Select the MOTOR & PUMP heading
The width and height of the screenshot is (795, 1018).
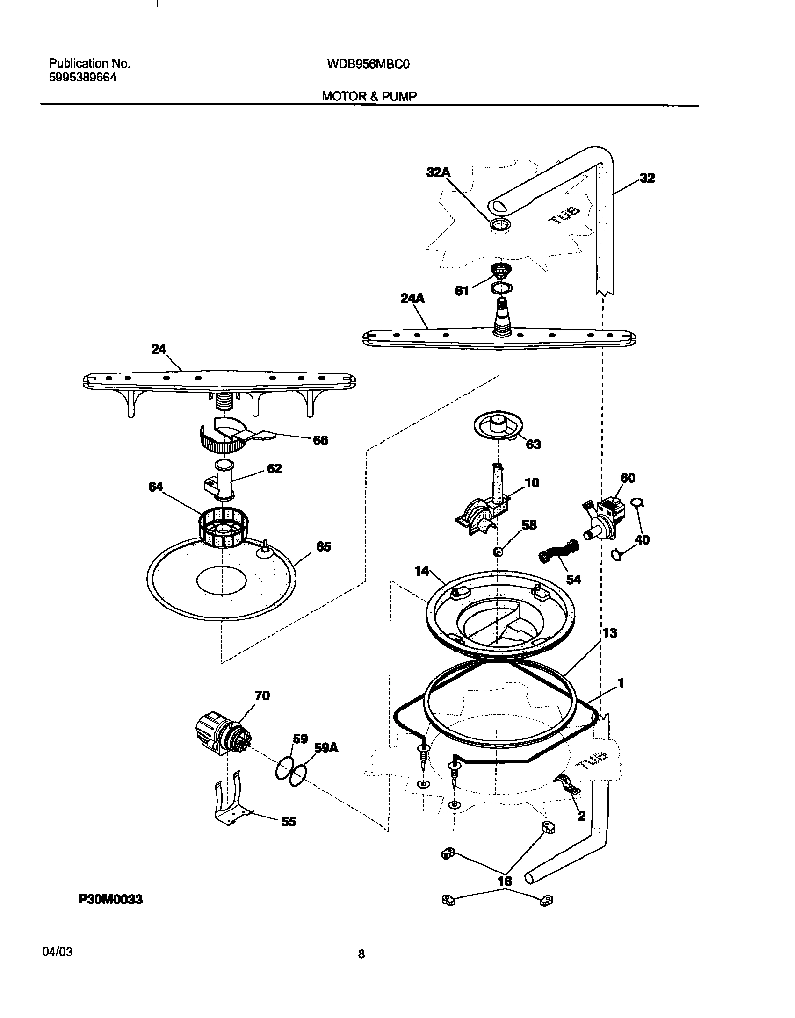(369, 96)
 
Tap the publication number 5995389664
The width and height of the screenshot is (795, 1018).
(82, 78)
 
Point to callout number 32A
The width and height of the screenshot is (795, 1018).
(438, 172)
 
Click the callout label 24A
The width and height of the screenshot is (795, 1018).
(412, 298)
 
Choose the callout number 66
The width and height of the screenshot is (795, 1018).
(320, 440)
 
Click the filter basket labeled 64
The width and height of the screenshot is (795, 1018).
(224, 529)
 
